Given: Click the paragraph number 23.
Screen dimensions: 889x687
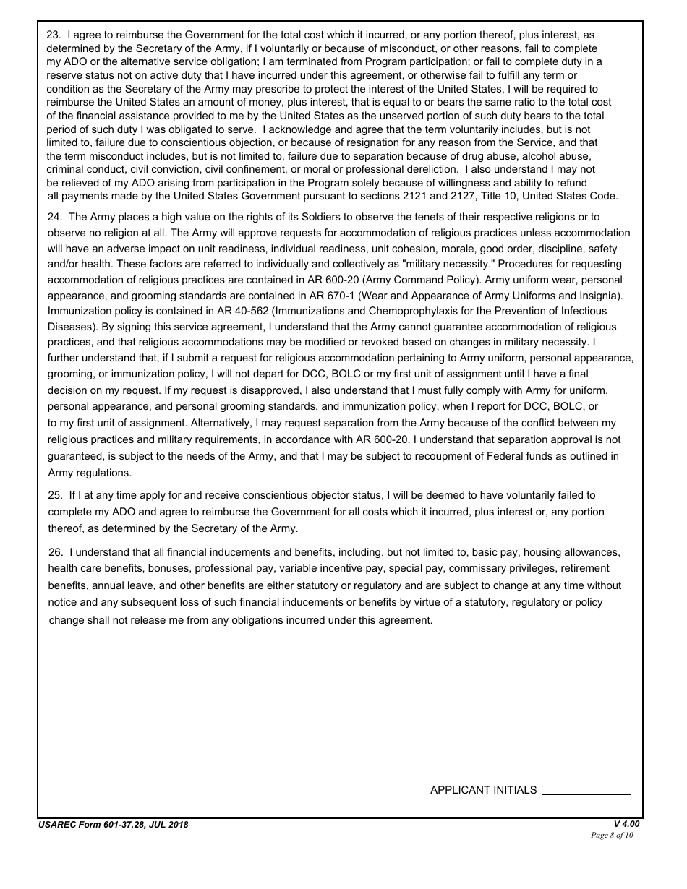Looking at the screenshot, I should tap(53, 35).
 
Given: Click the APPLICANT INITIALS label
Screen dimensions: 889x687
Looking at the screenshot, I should tap(483, 790).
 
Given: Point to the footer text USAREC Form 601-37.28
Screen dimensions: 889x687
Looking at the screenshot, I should tap(113, 825).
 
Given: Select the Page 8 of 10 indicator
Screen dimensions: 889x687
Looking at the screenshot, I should tap(612, 836).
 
